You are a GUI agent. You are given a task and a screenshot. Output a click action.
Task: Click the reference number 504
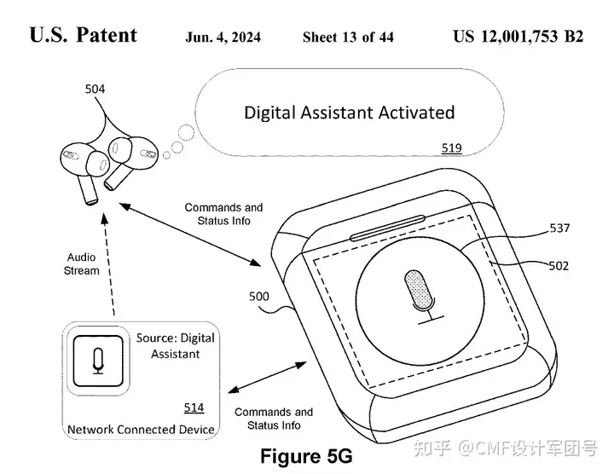click(96, 89)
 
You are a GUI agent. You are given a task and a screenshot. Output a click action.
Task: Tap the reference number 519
click(451, 148)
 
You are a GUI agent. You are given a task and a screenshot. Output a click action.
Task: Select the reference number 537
click(559, 228)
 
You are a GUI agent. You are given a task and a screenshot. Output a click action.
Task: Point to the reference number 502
click(559, 266)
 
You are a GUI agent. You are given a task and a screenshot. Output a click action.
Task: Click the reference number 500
click(259, 298)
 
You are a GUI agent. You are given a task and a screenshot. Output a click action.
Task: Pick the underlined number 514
click(194, 408)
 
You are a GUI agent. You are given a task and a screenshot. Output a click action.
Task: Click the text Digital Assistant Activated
click(350, 113)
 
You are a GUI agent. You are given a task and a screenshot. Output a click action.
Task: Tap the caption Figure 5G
click(305, 455)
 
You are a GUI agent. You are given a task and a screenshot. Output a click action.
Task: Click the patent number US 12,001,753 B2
click(518, 37)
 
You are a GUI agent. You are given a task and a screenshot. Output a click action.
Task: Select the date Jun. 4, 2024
click(223, 38)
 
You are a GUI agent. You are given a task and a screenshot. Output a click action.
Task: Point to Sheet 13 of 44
click(348, 38)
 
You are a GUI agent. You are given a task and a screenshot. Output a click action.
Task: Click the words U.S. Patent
click(83, 36)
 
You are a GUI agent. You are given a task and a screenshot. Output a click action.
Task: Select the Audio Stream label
click(83, 264)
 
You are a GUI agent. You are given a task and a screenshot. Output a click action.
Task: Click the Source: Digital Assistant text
click(176, 345)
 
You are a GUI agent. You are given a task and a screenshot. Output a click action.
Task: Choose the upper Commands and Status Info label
click(223, 213)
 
